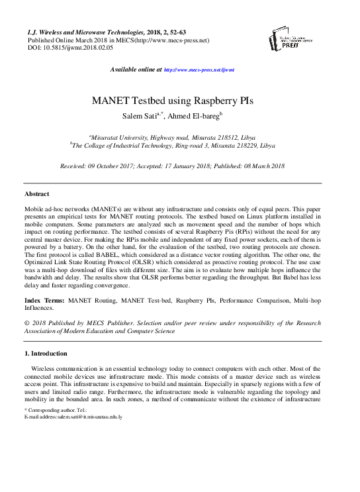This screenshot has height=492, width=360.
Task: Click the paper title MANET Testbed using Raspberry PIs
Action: coord(179,102)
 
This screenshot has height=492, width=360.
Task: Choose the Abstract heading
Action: coord(36,194)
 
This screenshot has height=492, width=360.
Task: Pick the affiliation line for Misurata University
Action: coord(179,133)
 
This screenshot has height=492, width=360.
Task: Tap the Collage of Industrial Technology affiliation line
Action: coord(173,144)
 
